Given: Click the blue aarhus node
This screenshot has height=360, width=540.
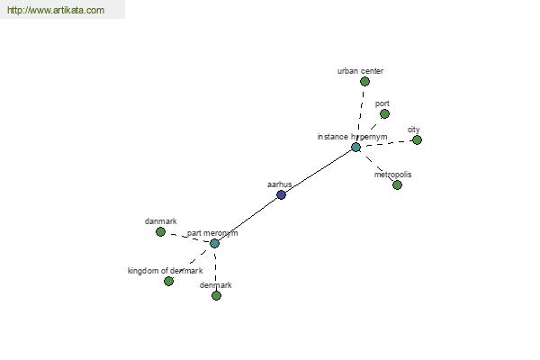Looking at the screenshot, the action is [282, 195].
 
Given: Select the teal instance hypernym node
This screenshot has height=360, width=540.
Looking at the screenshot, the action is [355, 148].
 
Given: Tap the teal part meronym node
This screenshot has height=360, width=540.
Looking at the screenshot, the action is [214, 244].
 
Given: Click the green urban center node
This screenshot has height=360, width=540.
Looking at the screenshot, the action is [364, 82].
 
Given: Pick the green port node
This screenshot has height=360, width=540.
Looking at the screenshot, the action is [384, 114].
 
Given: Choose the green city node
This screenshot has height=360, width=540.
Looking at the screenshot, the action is [417, 140].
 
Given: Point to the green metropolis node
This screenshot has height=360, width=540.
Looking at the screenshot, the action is [397, 185].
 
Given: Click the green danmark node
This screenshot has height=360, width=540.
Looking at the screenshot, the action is [160, 232].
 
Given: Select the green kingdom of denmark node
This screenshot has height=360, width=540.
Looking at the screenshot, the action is [168, 282].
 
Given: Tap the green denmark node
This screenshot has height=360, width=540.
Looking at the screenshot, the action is [216, 295].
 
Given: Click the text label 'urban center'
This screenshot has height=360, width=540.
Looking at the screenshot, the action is [360, 71].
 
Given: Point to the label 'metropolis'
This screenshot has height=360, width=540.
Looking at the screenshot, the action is [393, 175].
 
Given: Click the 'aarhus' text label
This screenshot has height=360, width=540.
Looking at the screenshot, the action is [280, 184].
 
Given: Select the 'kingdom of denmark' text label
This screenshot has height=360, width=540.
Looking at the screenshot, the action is [166, 271].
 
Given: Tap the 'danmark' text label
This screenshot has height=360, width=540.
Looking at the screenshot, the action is [161, 221].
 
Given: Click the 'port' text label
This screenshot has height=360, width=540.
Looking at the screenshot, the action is [382, 103].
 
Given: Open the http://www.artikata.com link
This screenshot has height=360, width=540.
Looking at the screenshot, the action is [56, 10].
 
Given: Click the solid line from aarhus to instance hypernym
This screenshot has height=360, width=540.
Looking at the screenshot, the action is [319, 171].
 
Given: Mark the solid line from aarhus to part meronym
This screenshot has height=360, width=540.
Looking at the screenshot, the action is [248, 220].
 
